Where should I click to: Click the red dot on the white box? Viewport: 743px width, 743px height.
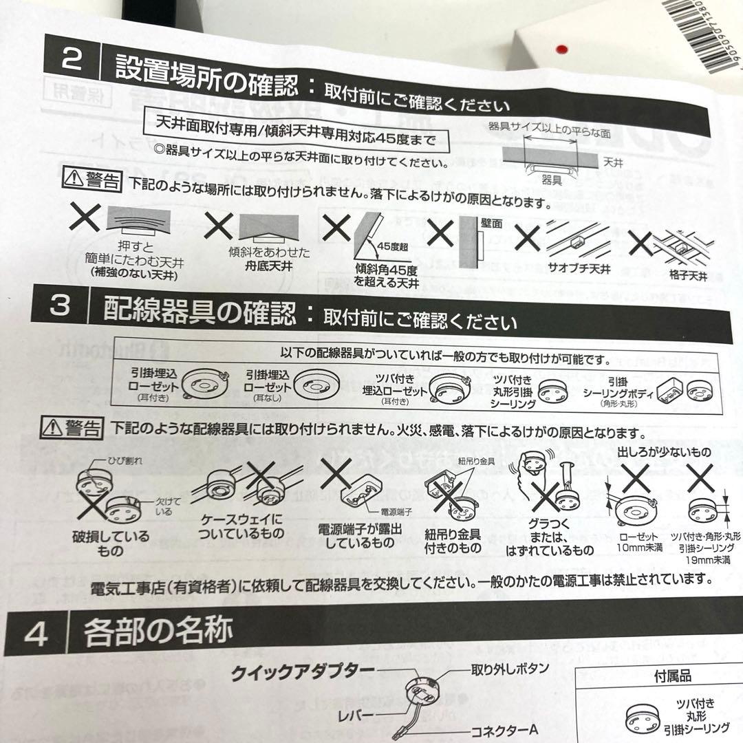pos(562,49)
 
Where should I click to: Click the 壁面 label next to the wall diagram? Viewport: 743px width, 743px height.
pos(493,223)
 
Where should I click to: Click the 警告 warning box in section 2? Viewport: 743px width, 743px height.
pos(92,181)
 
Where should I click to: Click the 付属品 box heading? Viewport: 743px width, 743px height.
pos(671,676)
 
